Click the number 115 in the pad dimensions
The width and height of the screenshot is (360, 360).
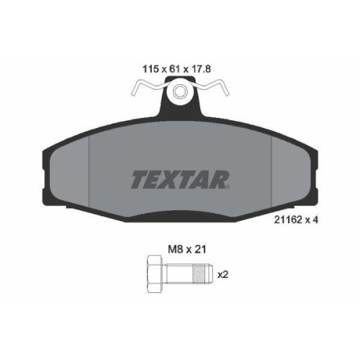click(x=150, y=69)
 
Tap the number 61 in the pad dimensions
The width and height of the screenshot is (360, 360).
click(x=174, y=69)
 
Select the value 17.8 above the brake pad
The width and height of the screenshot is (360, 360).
click(x=201, y=69)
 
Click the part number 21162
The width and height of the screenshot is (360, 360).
click(x=288, y=220)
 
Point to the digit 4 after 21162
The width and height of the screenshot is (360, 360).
click(x=315, y=220)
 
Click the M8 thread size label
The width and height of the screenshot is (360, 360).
click(x=176, y=250)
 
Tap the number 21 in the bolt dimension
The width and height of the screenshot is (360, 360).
click(x=200, y=250)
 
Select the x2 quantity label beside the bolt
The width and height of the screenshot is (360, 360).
click(x=222, y=275)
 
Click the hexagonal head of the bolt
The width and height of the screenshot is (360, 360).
click(x=156, y=274)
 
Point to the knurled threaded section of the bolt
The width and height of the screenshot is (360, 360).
click(x=199, y=274)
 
